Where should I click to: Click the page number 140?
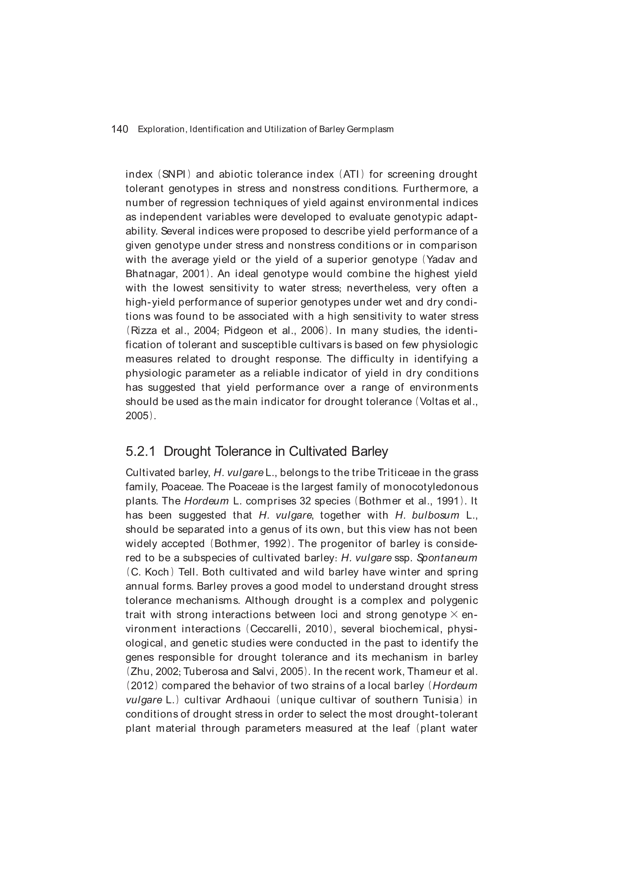119,129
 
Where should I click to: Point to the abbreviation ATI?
351,175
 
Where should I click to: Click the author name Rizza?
144,331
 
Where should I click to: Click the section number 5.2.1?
140,451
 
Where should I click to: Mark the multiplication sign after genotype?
454,615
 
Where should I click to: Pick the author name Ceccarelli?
275,629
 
